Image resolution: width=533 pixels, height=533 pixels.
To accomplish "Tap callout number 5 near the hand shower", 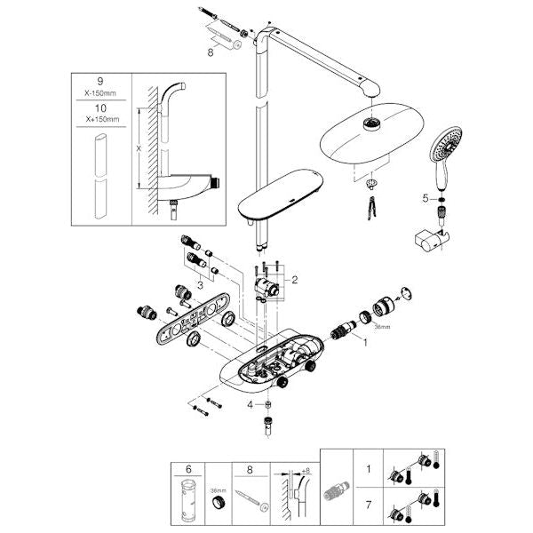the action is pyautogui.click(x=426, y=198).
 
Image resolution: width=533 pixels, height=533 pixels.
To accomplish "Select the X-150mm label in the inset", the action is pyautogui.click(x=100, y=93).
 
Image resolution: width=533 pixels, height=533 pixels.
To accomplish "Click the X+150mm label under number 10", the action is pyautogui.click(x=102, y=119).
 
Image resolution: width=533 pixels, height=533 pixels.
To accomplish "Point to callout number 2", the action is pyautogui.click(x=294, y=280).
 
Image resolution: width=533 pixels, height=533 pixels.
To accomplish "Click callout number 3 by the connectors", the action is pyautogui.click(x=200, y=285).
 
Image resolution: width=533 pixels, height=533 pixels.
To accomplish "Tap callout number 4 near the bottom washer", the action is pyautogui.click(x=250, y=405).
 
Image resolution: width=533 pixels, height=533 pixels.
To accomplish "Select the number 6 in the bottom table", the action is pyautogui.click(x=188, y=469).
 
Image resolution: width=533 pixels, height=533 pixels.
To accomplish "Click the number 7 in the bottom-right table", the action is pyautogui.click(x=369, y=505).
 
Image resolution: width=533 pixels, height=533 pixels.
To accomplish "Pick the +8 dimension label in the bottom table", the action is pyautogui.click(x=306, y=471).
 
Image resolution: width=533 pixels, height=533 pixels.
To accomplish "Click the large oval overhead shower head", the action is pyautogui.click(x=372, y=133).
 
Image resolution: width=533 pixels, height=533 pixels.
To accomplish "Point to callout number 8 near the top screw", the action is pyautogui.click(x=211, y=52).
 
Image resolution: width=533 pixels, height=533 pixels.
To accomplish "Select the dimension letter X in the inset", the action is pyautogui.click(x=139, y=148).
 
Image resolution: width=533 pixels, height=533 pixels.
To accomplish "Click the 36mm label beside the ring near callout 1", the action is pyautogui.click(x=382, y=327).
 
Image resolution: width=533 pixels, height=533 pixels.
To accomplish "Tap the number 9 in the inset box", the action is pyautogui.click(x=99, y=82).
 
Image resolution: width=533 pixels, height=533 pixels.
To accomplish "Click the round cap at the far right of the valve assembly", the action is pyautogui.click(x=406, y=294).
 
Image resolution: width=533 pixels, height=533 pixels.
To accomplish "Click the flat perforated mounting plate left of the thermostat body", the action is pyautogui.click(x=191, y=319).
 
